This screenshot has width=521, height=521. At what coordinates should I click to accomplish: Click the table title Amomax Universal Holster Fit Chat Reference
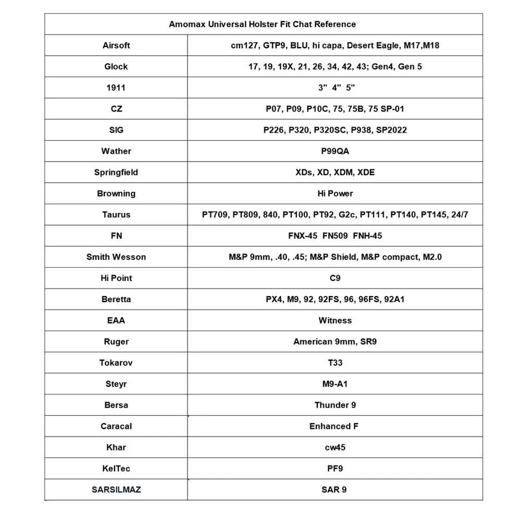[x=262, y=24]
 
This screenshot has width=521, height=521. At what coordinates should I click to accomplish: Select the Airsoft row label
[x=116, y=45]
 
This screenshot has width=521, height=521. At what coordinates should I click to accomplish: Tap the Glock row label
[x=116, y=67]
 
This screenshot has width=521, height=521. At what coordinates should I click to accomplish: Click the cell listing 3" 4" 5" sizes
[x=335, y=88]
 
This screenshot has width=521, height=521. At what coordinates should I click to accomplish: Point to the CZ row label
[x=116, y=109]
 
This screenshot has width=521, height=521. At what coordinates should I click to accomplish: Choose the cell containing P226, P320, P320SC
[x=335, y=130]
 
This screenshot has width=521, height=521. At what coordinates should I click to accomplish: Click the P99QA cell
[x=335, y=151]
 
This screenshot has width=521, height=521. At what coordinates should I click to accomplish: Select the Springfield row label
[x=116, y=172]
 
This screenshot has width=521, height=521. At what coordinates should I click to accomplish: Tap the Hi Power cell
[x=335, y=193]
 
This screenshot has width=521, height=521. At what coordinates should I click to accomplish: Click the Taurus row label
[x=116, y=215]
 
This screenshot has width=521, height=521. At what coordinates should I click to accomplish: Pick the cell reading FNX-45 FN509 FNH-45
[x=335, y=235]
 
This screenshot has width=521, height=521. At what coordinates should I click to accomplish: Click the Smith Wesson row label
[x=116, y=257]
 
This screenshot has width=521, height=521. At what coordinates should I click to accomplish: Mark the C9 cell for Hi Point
[x=335, y=278]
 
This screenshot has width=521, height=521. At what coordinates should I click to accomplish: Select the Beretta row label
[x=116, y=299]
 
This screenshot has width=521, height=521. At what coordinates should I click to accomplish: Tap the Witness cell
[x=335, y=320]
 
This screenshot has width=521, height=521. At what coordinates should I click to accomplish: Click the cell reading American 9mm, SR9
[x=335, y=342]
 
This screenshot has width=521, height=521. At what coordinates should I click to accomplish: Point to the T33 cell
[x=335, y=363]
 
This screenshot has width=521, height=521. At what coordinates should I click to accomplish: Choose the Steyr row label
[x=116, y=384]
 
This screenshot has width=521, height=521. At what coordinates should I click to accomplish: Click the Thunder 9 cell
[x=335, y=405]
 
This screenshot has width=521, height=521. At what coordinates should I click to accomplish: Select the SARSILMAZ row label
[x=116, y=490]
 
